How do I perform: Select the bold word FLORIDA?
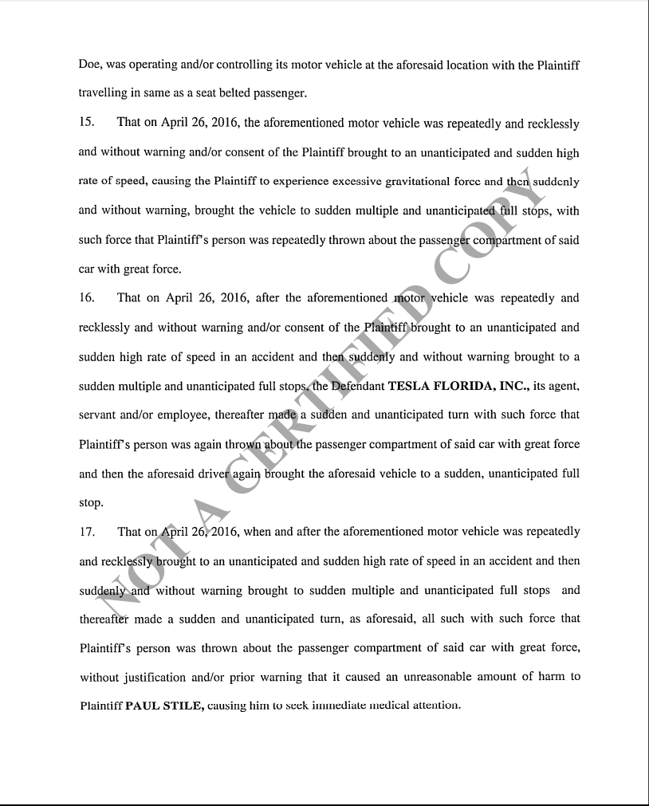(472, 386)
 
